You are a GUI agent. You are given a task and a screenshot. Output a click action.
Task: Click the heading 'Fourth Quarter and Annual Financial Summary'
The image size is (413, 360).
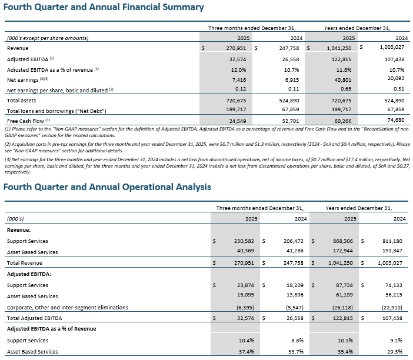pyautogui.click(x=104, y=8)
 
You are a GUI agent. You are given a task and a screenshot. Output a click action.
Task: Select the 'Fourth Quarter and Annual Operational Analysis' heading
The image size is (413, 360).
pyautogui.click(x=108, y=187)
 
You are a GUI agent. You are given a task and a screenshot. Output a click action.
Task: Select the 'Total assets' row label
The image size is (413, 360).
pyautogui.click(x=23, y=101)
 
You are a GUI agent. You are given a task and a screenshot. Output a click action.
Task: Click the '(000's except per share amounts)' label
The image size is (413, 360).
pyautogui.click(x=48, y=38)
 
